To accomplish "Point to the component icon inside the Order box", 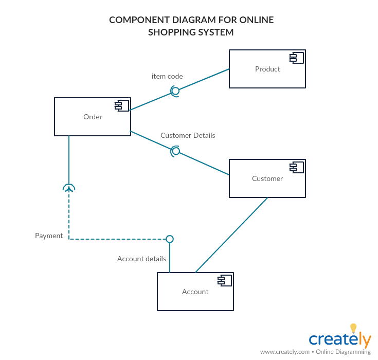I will pos(122,105).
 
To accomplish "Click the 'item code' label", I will pos(167,76).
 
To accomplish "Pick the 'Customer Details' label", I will pos(188,135).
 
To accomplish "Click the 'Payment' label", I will pos(49,236).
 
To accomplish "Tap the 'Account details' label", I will pos(141,259).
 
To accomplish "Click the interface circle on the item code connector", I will pos(175,91).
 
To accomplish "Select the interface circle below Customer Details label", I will pos(176,151).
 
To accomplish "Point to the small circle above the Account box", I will pos(170,239).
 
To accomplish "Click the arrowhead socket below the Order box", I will pos(69,188).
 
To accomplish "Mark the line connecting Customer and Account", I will pos(231,235).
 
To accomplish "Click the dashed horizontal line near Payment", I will pos(118,239).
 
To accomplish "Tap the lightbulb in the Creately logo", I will pos(353,328).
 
